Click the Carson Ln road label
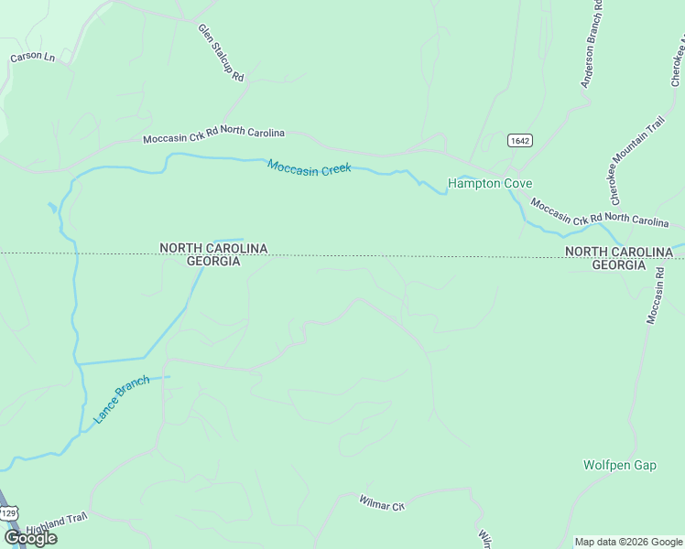(33, 57)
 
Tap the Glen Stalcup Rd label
(222, 52)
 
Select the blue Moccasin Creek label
(310, 167)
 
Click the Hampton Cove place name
(489, 183)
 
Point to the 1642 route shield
(519, 140)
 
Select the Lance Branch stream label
(121, 399)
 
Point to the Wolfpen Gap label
(620, 465)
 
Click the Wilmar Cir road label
(382, 504)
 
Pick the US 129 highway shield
(8, 513)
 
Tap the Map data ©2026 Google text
(628, 542)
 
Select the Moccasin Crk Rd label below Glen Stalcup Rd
(213, 136)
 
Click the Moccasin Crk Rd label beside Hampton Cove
(600, 213)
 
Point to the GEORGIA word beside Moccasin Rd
(618, 264)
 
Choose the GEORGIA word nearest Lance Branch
(213, 262)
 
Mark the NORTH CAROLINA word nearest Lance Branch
(213, 248)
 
